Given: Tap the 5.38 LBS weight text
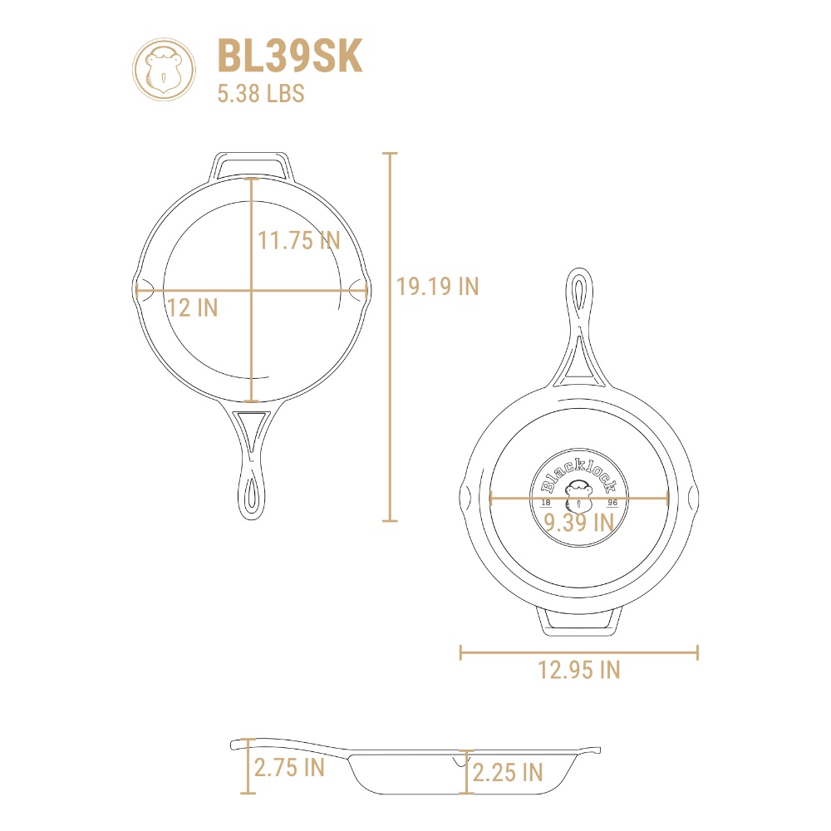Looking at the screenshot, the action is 261,93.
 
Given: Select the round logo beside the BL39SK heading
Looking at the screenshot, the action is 164,69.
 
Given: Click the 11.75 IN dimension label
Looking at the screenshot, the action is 299,241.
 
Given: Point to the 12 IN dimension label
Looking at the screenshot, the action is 193,308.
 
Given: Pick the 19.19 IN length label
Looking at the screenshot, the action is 438,287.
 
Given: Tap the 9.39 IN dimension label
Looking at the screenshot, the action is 578,523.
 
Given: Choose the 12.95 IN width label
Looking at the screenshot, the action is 578,670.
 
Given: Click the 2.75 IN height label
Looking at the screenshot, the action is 289,767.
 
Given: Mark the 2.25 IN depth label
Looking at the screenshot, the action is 508,773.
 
